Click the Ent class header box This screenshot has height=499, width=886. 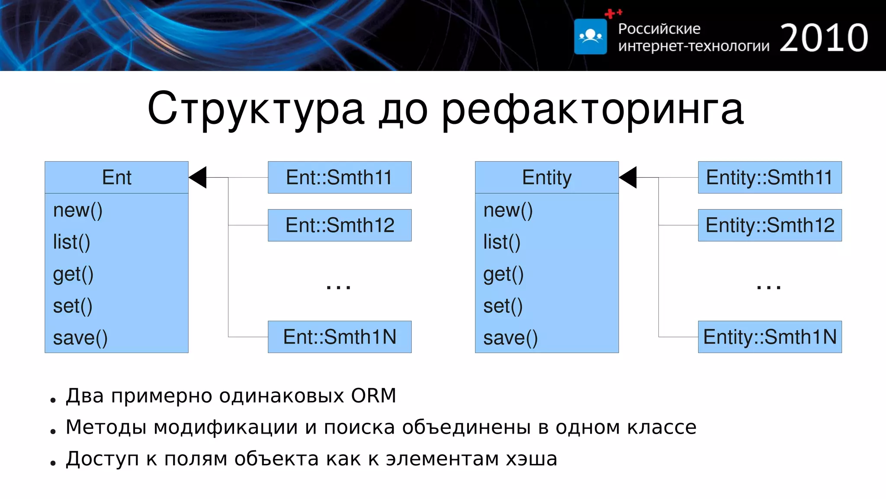click(116, 177)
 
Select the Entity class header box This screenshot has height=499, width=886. click(546, 177)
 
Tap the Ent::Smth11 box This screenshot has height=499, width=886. click(340, 177)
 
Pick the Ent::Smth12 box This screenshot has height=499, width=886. click(340, 225)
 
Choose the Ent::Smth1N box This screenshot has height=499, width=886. click(340, 337)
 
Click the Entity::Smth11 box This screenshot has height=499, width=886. click(770, 177)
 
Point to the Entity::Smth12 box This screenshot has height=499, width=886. click(770, 225)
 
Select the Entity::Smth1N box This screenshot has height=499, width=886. click(770, 337)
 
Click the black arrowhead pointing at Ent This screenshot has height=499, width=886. click(198, 177)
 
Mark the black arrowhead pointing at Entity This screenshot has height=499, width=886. click(628, 177)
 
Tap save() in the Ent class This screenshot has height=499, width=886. click(80, 338)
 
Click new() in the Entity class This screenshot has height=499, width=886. click(508, 211)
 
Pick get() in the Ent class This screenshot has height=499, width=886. click(73, 274)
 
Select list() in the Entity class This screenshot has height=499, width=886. click(502, 242)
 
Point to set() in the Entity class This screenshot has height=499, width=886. click(503, 306)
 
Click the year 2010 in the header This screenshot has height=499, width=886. click(824, 38)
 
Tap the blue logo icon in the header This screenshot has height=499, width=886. click(590, 36)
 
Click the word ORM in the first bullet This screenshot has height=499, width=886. click(373, 395)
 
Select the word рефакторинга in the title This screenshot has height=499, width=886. click(592, 109)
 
